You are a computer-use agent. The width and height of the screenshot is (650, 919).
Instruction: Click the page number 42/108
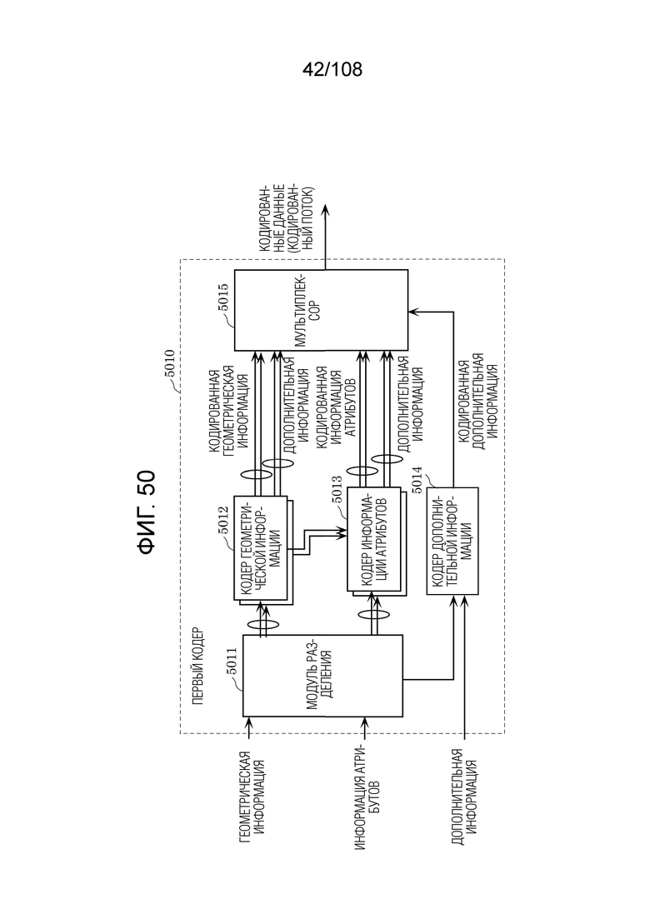[332, 70]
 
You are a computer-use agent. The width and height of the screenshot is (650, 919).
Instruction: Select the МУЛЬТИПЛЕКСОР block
[321, 310]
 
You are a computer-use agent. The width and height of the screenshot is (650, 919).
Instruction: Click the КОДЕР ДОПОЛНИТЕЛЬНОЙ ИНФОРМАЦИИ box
[452, 541]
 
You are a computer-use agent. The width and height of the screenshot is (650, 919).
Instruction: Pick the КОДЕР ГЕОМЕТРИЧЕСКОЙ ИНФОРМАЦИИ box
[260, 548]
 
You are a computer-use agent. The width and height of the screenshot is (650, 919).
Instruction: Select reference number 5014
[416, 481]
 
